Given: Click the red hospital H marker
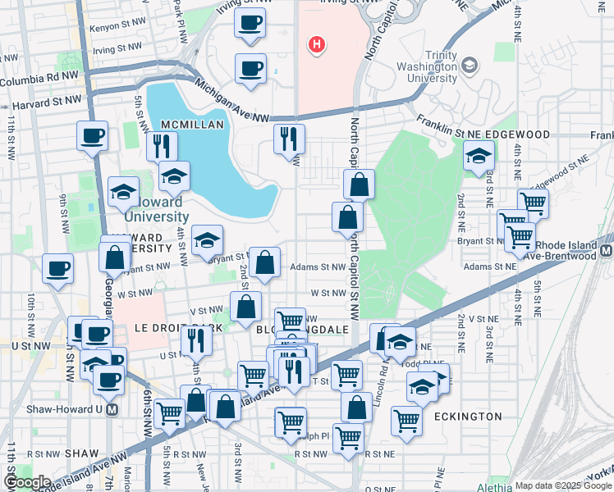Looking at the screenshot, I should tap(314, 44).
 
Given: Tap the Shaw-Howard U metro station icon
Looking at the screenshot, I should tap(112, 409).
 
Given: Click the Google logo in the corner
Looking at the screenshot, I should tap(27, 482).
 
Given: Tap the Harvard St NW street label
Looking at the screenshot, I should tap(45, 102).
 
